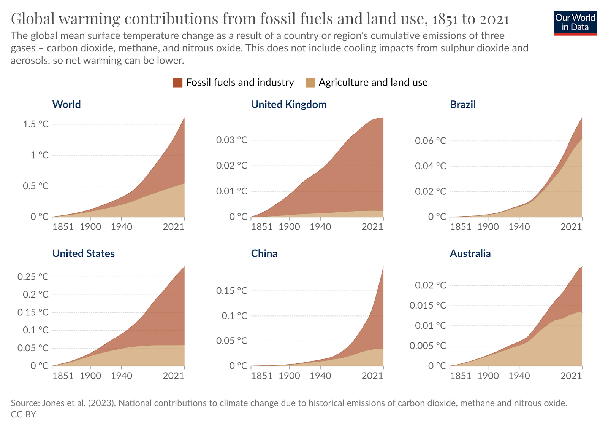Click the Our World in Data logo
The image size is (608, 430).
[575, 23]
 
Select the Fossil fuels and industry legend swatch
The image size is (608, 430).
[177, 83]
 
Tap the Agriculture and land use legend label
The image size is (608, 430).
[373, 83]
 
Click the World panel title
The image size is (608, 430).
[66, 104]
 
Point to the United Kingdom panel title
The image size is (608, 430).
[289, 104]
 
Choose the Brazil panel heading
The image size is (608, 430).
[462, 104]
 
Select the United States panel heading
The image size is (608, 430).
[84, 253]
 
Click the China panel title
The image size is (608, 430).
[264, 253]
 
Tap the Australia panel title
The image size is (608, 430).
[470, 253]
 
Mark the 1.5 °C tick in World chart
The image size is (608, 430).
[36, 124]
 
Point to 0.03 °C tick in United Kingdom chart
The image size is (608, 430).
[232, 140]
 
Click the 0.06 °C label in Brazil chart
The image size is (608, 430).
[431, 141]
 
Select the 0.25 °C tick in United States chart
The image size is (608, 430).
[33, 277]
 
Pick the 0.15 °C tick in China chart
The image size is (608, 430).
[232, 291]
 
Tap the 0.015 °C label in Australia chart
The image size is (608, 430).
[428, 305]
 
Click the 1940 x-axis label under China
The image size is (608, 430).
[320, 376]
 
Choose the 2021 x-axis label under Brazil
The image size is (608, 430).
[571, 227]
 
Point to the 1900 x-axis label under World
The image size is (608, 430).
[90, 227]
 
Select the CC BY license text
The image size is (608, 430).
[23, 414]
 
